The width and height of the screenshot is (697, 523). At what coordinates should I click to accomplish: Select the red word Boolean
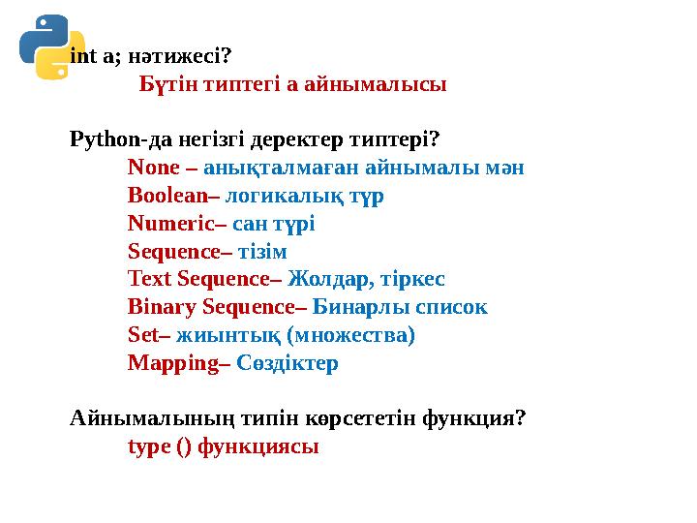(166, 196)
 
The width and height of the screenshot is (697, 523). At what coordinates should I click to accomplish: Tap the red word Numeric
(168, 224)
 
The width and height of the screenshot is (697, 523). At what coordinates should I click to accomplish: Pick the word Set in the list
(140, 336)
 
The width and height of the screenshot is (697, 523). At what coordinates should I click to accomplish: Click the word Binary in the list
(162, 308)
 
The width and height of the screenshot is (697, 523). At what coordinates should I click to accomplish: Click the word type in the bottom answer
(147, 448)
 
